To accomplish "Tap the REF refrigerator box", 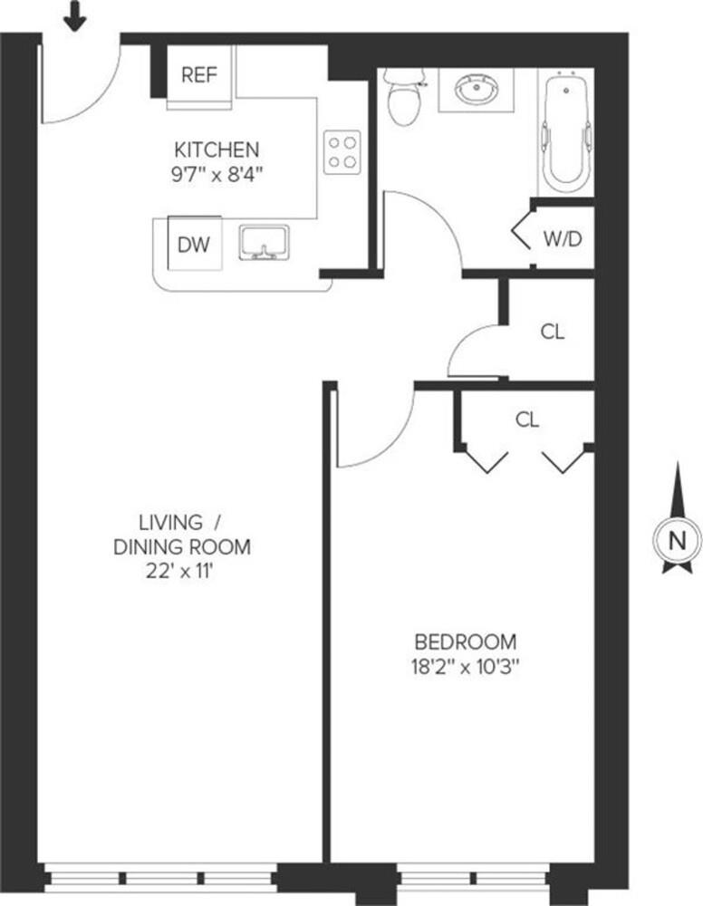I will coord(198,75).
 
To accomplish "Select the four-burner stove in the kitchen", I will coord(342,151).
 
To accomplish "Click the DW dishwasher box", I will coord(194,244).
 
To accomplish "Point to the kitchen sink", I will coord(264,243).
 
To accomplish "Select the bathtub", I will coord(566,130).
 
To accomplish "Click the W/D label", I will coord(562,238).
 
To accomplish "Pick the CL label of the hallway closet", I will coord(552,332).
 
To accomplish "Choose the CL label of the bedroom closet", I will coord(527,419).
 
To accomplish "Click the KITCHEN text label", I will coord(217,149).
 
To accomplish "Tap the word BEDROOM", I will coord(466,642).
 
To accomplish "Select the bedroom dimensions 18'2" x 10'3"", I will coord(466,667).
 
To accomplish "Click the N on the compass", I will coord(676,541).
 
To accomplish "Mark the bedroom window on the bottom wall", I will coord(473,877).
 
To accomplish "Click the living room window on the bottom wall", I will coord(160,877).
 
